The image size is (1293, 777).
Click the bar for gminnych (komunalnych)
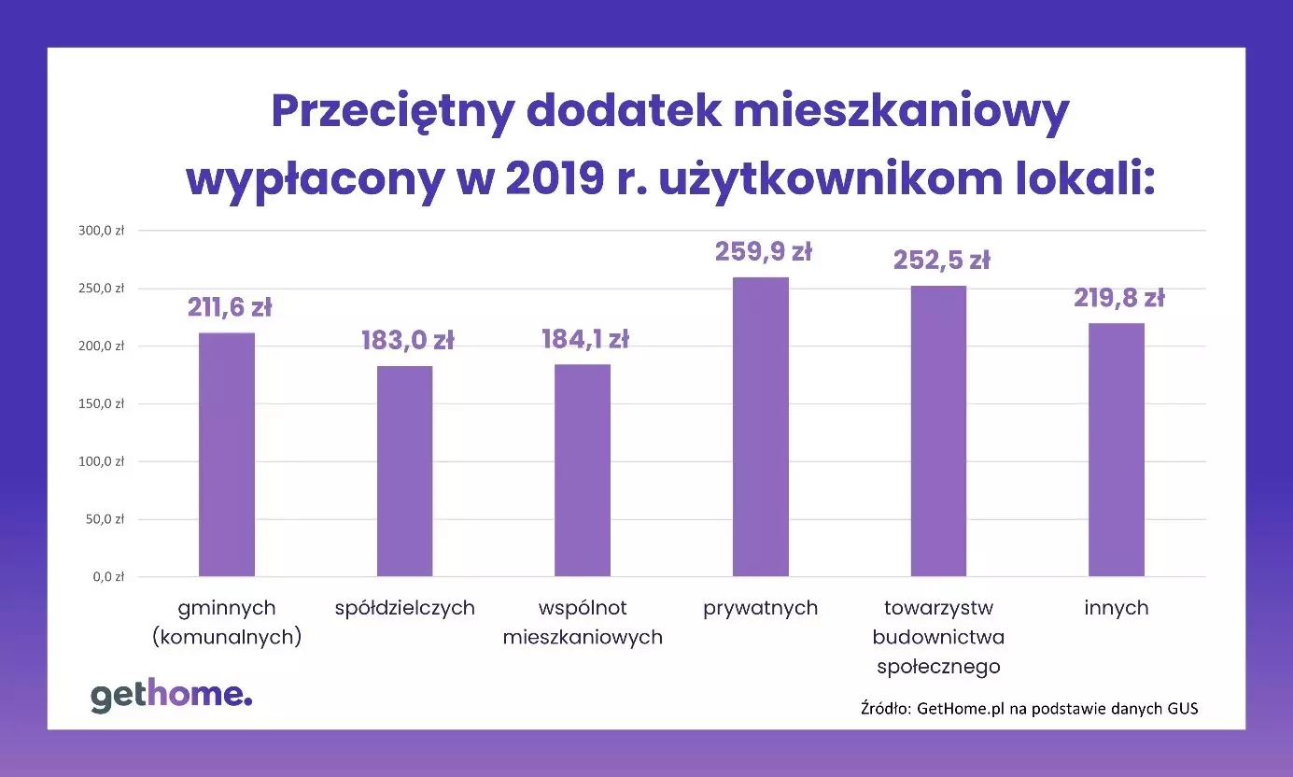(x=227, y=454)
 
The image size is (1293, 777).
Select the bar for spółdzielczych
(x=405, y=471)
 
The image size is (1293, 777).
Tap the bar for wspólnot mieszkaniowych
(x=583, y=470)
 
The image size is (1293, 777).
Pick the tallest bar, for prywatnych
(x=760, y=427)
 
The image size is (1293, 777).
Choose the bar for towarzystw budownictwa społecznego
(x=938, y=431)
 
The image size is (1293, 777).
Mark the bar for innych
(x=1117, y=449)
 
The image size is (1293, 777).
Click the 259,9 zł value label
(x=763, y=252)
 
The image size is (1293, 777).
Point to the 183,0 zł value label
(x=407, y=341)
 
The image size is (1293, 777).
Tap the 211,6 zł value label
(x=229, y=307)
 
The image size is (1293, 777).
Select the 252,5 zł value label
(x=941, y=260)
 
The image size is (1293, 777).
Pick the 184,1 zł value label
(x=585, y=339)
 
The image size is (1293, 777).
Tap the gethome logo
(x=171, y=696)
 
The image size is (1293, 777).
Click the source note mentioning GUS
(x=1029, y=708)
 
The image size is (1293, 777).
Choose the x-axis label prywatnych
(x=760, y=608)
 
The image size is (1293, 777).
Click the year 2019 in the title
(x=556, y=178)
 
